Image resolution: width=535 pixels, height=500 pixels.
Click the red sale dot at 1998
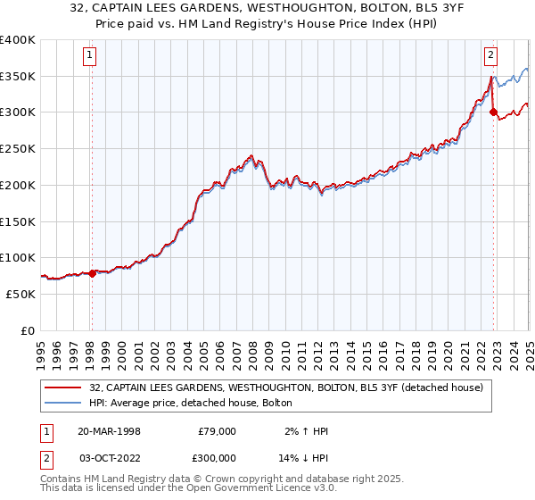tap(92, 274)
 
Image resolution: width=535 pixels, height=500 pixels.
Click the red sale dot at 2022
tap(493, 112)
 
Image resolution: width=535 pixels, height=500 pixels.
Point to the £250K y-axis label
tap(18, 148)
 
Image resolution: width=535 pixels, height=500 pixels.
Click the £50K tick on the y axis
tap(21, 294)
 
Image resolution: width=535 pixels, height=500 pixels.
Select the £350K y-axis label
tap(18, 76)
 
